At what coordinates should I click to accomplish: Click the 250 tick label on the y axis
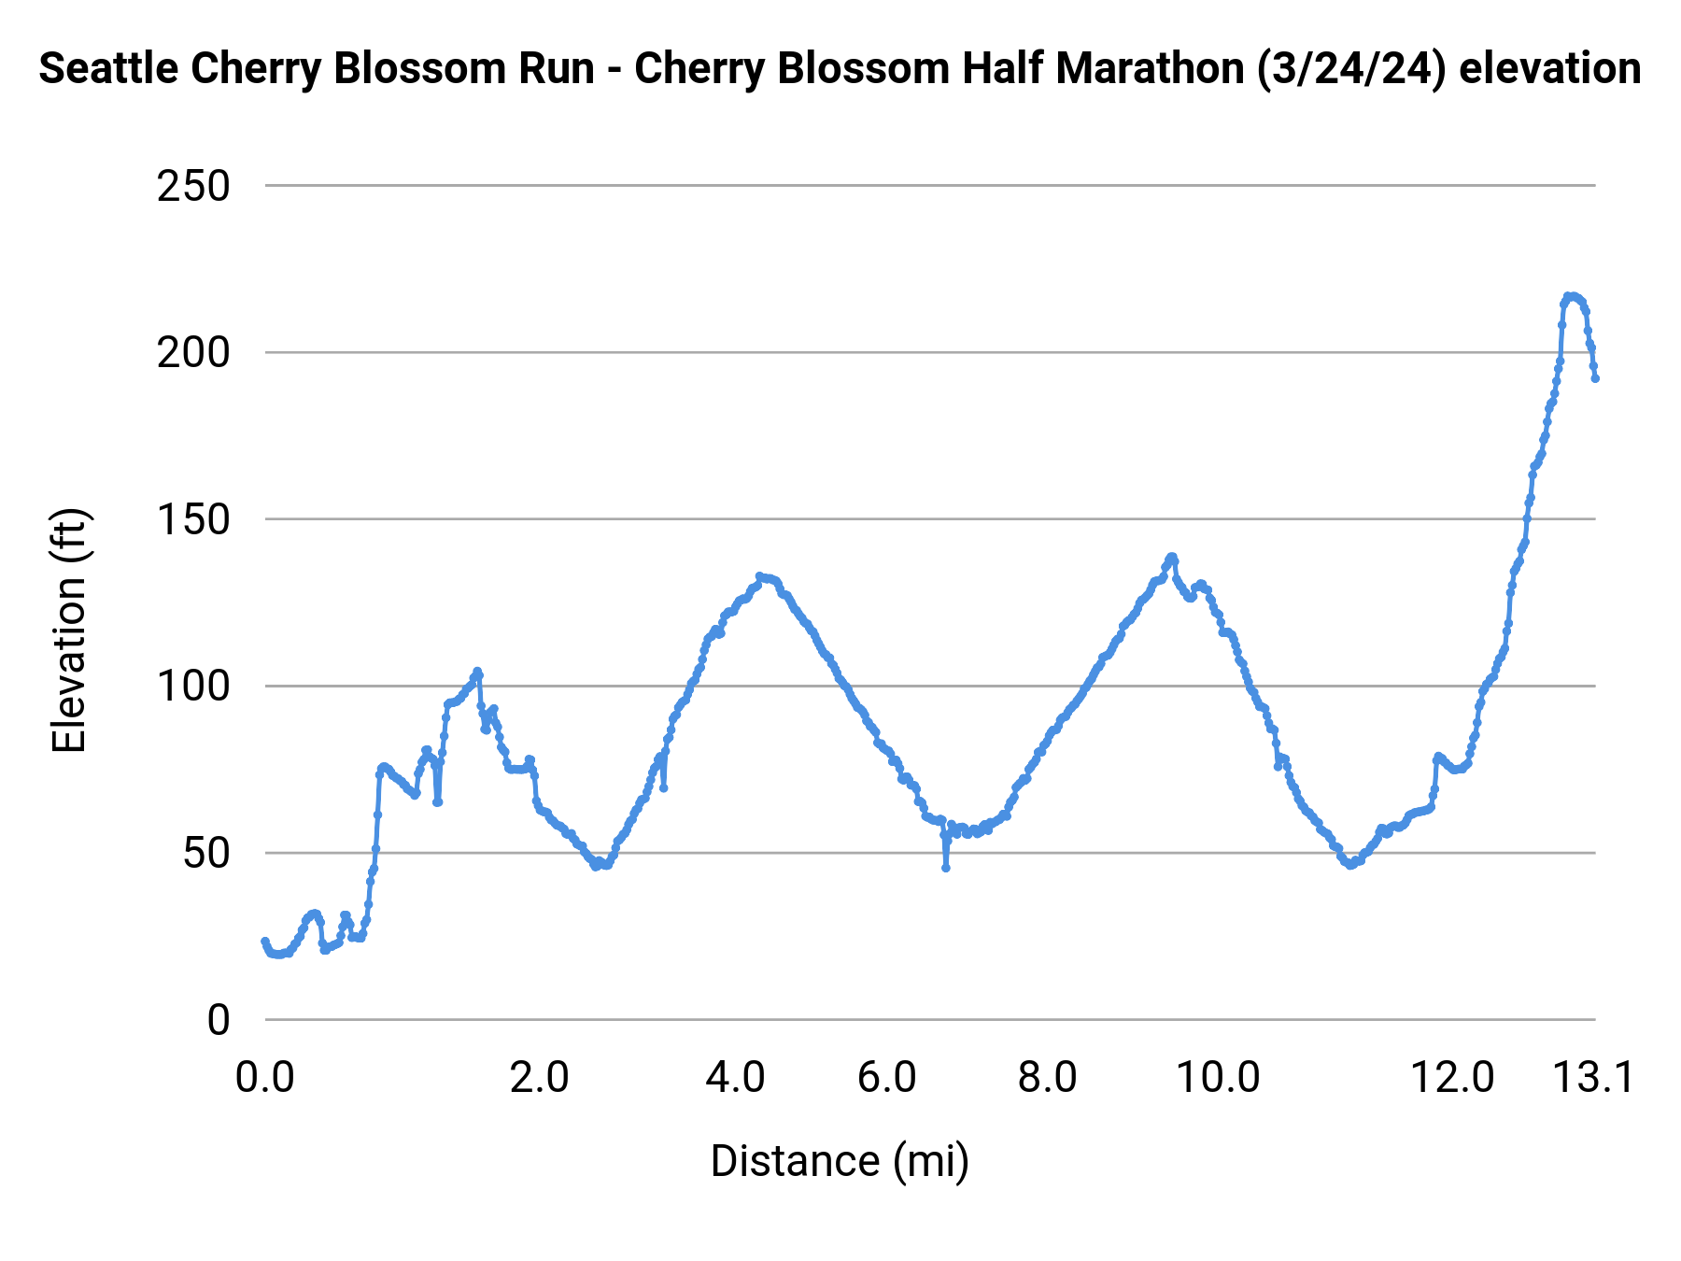[x=193, y=187]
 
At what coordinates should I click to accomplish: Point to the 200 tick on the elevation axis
[x=193, y=353]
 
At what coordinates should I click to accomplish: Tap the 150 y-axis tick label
[x=193, y=520]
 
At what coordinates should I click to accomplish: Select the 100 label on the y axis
[x=193, y=687]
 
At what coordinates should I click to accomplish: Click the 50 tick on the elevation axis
[x=205, y=854]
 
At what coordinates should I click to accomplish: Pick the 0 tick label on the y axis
[x=218, y=1020]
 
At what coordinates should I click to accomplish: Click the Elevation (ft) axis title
[x=69, y=630]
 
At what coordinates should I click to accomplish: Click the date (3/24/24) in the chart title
[x=1351, y=69]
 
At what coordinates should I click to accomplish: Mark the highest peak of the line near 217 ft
[x=1572, y=296]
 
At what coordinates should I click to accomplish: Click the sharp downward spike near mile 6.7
[x=945, y=868]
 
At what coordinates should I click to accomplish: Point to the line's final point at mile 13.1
[x=1595, y=378]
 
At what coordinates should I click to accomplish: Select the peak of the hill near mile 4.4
[x=760, y=576]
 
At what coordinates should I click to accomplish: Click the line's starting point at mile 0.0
[x=264, y=942]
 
